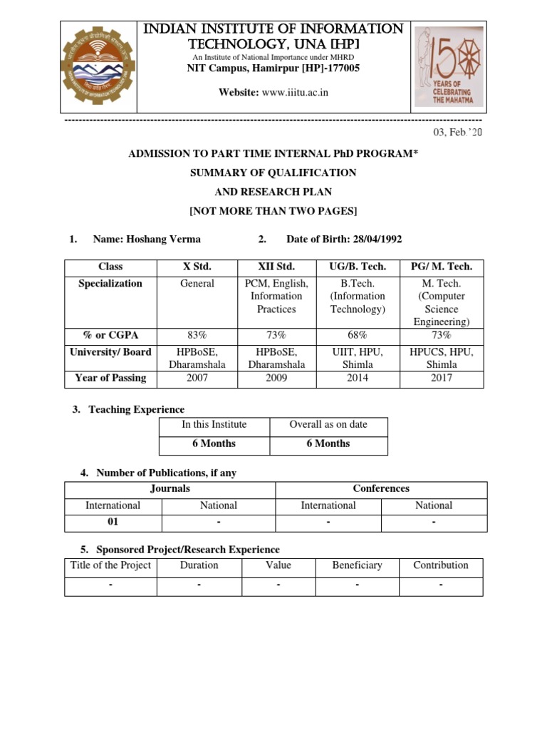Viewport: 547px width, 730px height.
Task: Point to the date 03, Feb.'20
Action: [x=457, y=133]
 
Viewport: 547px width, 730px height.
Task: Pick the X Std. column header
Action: [x=197, y=267]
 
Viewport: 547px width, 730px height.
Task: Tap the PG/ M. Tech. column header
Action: [x=442, y=267]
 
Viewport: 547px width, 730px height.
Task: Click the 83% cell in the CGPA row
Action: [x=197, y=335]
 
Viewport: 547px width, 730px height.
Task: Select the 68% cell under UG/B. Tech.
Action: [x=358, y=335]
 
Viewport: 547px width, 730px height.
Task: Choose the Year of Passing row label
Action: [x=110, y=378]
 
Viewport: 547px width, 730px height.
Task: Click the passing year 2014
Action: [x=358, y=378]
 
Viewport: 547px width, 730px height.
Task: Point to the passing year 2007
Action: [x=197, y=378]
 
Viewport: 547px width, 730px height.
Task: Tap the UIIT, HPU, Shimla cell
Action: [x=358, y=358]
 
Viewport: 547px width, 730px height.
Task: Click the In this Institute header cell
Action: [x=214, y=425]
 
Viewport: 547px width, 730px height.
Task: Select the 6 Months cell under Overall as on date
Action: [x=328, y=443]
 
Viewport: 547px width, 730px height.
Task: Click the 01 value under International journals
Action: [x=113, y=522]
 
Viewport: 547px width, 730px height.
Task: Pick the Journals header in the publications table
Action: [x=170, y=489]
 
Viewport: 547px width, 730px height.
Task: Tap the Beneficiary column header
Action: [x=357, y=565]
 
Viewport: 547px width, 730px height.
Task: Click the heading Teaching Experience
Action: [x=136, y=409]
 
